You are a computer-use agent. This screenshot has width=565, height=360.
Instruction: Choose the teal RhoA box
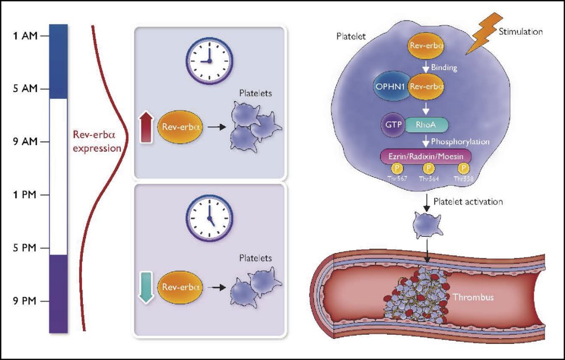428,125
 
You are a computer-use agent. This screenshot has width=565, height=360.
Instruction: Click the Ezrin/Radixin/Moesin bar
428,155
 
